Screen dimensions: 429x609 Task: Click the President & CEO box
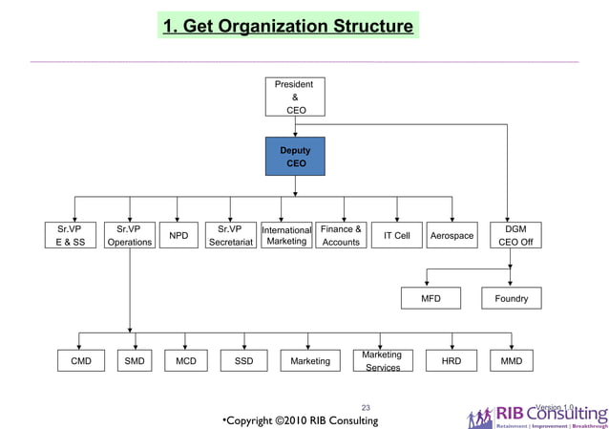[295, 97]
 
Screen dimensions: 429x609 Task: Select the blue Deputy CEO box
[295, 157]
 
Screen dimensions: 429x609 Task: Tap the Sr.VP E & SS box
[70, 236]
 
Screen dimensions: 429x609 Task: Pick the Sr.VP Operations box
[129, 236]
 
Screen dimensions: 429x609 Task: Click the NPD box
[178, 236]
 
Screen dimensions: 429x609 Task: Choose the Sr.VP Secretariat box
[230, 236]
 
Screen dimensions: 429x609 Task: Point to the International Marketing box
[286, 236]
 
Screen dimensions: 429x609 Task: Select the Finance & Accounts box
[341, 236]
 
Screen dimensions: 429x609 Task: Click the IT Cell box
[396, 236]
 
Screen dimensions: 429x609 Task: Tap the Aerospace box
[451, 236]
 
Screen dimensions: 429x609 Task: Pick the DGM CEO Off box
[515, 236]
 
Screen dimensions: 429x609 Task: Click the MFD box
[431, 298]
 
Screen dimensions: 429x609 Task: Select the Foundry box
[511, 298]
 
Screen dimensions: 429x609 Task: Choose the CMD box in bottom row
[81, 361]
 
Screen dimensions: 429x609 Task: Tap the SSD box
[243, 361]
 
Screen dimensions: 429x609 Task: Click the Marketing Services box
[383, 361]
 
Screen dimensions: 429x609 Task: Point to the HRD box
[451, 361]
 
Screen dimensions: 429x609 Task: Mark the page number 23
[365, 406]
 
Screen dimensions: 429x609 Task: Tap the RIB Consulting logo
[535, 417]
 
